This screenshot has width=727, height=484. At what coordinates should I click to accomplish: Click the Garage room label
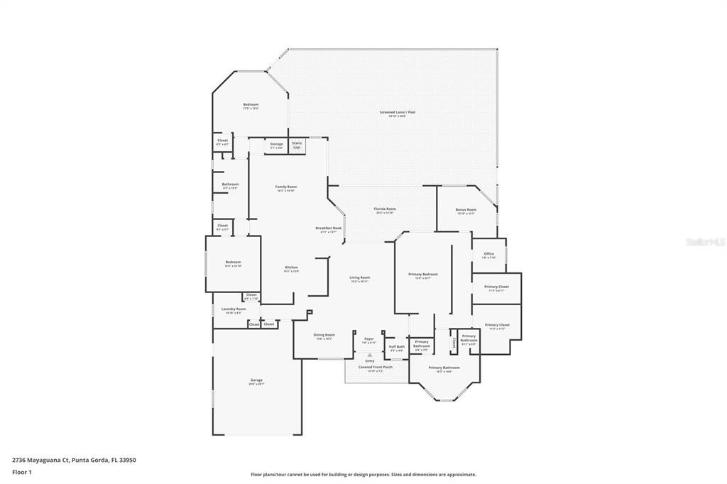[x=256, y=380]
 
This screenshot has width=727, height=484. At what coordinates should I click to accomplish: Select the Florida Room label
[x=385, y=209]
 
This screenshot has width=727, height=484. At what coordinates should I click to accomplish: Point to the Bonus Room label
[x=466, y=210]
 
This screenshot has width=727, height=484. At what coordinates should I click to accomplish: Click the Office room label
[x=488, y=254]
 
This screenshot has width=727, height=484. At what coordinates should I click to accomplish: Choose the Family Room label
[x=286, y=187]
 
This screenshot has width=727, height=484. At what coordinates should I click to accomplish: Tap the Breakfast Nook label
[x=329, y=228]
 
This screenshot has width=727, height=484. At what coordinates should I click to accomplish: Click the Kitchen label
[x=291, y=268]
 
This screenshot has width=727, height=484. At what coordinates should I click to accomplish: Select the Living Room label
[x=360, y=277]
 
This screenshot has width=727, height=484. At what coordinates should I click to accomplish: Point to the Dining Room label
[x=324, y=335]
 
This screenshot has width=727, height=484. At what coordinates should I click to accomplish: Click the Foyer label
[x=368, y=339]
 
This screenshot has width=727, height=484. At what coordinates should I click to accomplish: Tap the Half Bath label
[x=396, y=347]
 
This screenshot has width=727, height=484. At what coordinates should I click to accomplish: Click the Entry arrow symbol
[x=369, y=355]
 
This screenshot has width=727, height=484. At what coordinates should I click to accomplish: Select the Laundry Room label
[x=233, y=309]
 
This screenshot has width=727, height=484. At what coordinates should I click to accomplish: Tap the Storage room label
[x=276, y=145]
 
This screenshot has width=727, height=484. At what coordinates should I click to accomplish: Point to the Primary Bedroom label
[x=422, y=275]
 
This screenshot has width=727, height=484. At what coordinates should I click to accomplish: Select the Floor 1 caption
[x=22, y=471]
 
